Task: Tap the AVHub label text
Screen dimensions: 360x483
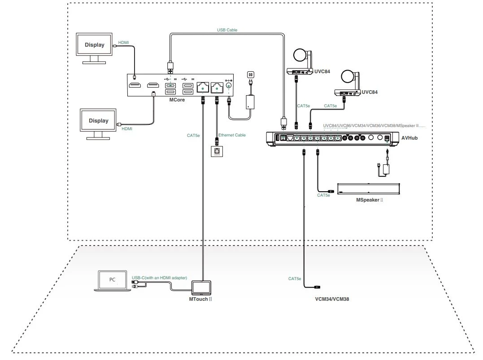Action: click(409, 137)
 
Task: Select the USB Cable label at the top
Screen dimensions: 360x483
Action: click(227, 30)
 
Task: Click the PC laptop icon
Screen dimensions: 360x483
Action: click(112, 281)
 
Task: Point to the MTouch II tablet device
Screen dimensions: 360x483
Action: click(201, 287)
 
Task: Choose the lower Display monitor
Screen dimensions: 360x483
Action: click(98, 122)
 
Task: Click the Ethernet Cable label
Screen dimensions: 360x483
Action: click(232, 135)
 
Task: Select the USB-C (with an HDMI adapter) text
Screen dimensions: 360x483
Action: click(159, 278)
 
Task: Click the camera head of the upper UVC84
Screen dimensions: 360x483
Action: click(299, 56)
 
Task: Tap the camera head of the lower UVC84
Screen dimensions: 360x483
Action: click(348, 77)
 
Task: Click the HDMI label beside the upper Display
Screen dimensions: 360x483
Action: click(123, 43)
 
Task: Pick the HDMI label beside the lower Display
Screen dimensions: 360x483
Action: click(127, 129)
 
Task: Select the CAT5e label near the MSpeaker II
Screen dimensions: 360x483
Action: click(323, 195)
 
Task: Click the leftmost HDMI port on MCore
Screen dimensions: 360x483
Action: click(135, 85)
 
